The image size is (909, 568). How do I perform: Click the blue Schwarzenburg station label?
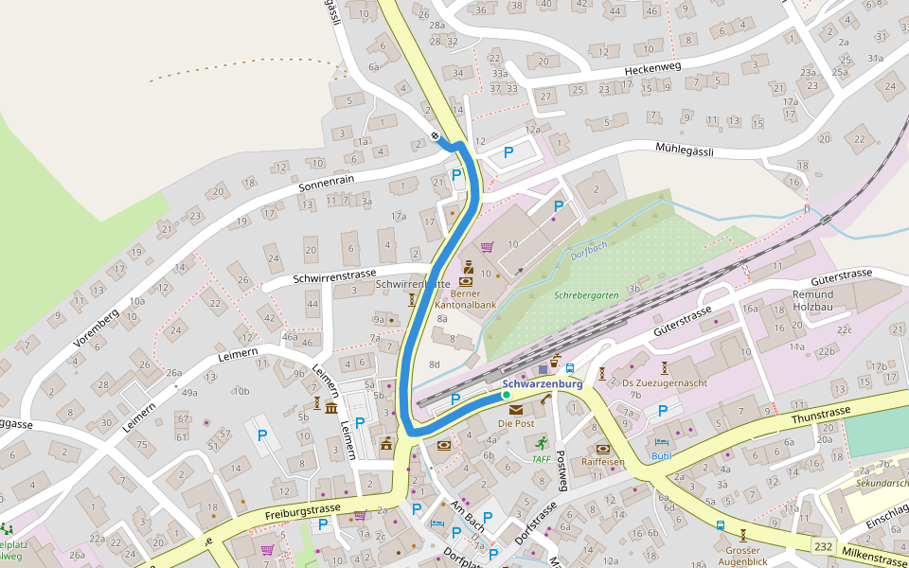tap(543, 383)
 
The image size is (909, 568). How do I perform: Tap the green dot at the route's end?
tap(507, 395)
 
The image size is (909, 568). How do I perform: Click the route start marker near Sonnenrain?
tap(436, 136)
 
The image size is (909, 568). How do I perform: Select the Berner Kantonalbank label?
tap(465, 299)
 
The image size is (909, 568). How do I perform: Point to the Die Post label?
tap(516, 423)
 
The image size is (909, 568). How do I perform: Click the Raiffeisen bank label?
tap(603, 462)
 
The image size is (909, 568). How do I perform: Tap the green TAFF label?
tap(541, 459)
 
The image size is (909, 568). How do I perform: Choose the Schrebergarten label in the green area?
tap(586, 295)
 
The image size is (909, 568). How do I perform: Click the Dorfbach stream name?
tap(589, 249)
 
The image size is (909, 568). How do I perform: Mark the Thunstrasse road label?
tap(822, 414)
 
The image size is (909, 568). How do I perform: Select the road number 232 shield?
tap(824, 546)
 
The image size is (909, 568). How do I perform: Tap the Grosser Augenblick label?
tap(743, 556)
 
